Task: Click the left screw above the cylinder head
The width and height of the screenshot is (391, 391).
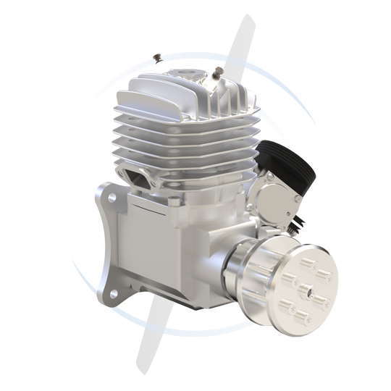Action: [157, 56]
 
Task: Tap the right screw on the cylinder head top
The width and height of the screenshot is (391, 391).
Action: [217, 72]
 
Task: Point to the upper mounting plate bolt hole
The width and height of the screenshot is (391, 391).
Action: [112, 198]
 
